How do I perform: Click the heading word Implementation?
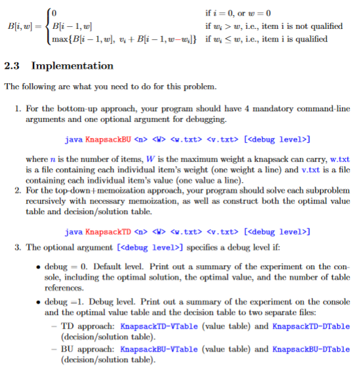(x=72, y=65)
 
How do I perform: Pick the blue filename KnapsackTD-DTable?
(x=310, y=326)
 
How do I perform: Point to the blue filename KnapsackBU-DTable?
(x=310, y=350)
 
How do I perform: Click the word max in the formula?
(x=57, y=39)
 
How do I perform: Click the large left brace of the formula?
(x=47, y=26)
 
